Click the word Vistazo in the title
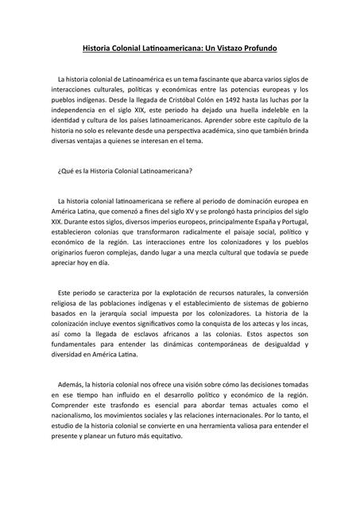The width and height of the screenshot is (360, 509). click(223, 50)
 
